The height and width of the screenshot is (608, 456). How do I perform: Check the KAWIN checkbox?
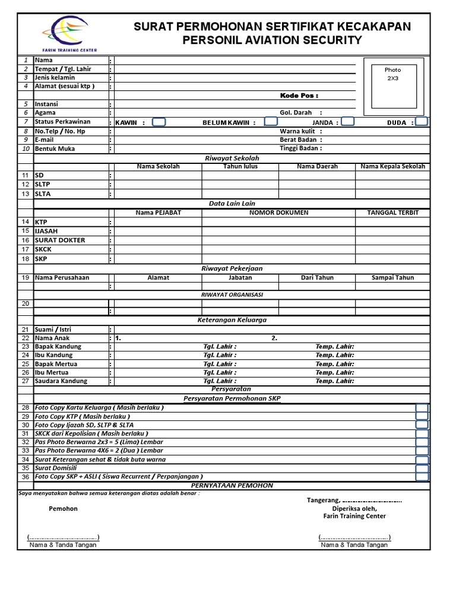(159, 122)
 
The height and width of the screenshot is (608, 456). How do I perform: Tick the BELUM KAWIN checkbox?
(271, 122)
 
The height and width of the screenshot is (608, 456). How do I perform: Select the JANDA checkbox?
(348, 122)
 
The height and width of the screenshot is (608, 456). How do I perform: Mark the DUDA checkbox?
(422, 122)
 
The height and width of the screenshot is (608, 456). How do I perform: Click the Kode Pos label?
(299, 96)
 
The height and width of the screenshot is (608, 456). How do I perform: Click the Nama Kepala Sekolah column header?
(392, 167)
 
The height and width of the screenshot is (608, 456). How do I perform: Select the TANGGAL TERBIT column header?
(392, 213)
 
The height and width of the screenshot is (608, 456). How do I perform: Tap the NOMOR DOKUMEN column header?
(278, 213)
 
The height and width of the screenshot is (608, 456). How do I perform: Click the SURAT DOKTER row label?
(60, 240)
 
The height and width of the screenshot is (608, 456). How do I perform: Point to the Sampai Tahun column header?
(392, 277)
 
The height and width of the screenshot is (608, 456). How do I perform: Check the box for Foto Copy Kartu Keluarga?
(422, 408)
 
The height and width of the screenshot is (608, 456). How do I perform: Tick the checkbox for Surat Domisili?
(422, 468)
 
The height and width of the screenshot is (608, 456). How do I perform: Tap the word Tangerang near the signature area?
(323, 499)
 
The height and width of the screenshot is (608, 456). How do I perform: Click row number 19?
(25, 277)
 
